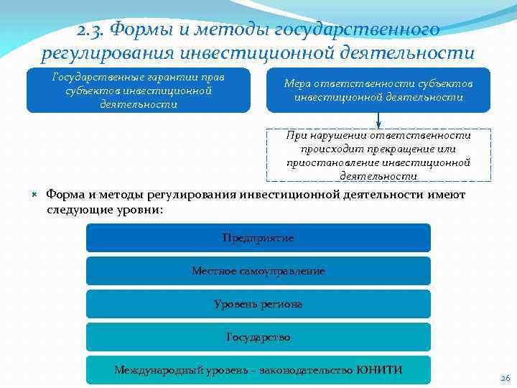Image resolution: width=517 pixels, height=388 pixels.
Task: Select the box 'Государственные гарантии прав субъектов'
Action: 139,91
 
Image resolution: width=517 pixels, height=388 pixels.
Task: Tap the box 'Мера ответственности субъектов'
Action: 378,91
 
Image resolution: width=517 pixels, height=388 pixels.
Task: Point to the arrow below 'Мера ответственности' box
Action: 378,121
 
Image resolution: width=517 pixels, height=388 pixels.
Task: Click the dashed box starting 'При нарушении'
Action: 378,155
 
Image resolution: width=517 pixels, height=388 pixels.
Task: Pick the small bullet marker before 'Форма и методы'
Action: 34,195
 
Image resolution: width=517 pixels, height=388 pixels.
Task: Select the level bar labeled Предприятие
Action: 258,238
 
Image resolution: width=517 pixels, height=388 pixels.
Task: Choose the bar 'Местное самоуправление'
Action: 258,271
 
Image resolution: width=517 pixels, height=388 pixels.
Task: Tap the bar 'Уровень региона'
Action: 258,304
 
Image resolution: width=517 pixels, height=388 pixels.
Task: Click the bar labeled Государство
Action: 258,337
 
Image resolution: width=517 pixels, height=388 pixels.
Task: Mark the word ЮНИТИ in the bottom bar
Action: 379,370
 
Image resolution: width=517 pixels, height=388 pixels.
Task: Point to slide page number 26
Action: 504,379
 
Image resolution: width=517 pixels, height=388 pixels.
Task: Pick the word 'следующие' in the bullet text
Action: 78,210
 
